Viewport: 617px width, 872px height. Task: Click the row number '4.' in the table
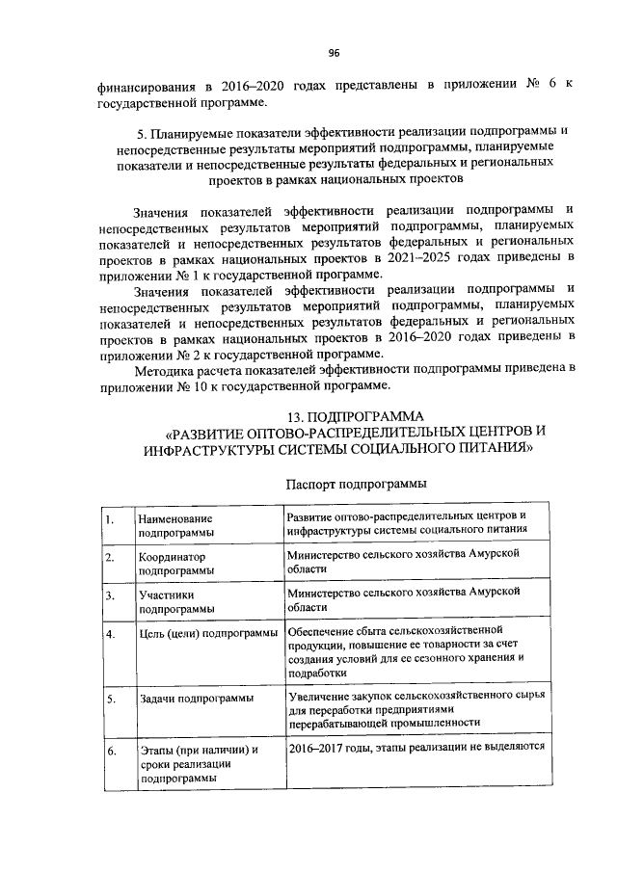click(x=111, y=633)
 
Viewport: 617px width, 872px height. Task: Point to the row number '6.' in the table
click(x=111, y=750)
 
